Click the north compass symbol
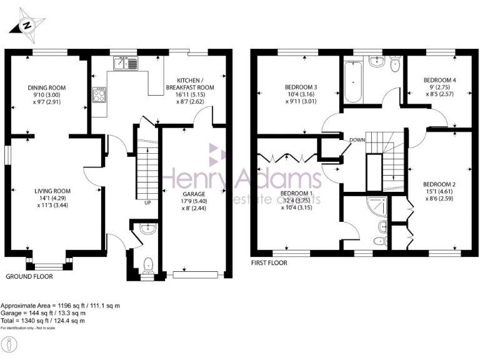click(26, 26)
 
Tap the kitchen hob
click(99, 95)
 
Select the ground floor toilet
click(147, 266)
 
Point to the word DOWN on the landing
click(357, 139)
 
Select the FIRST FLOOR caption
click(269, 263)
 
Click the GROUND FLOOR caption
click(29, 276)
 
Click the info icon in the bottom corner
click(12, 344)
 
